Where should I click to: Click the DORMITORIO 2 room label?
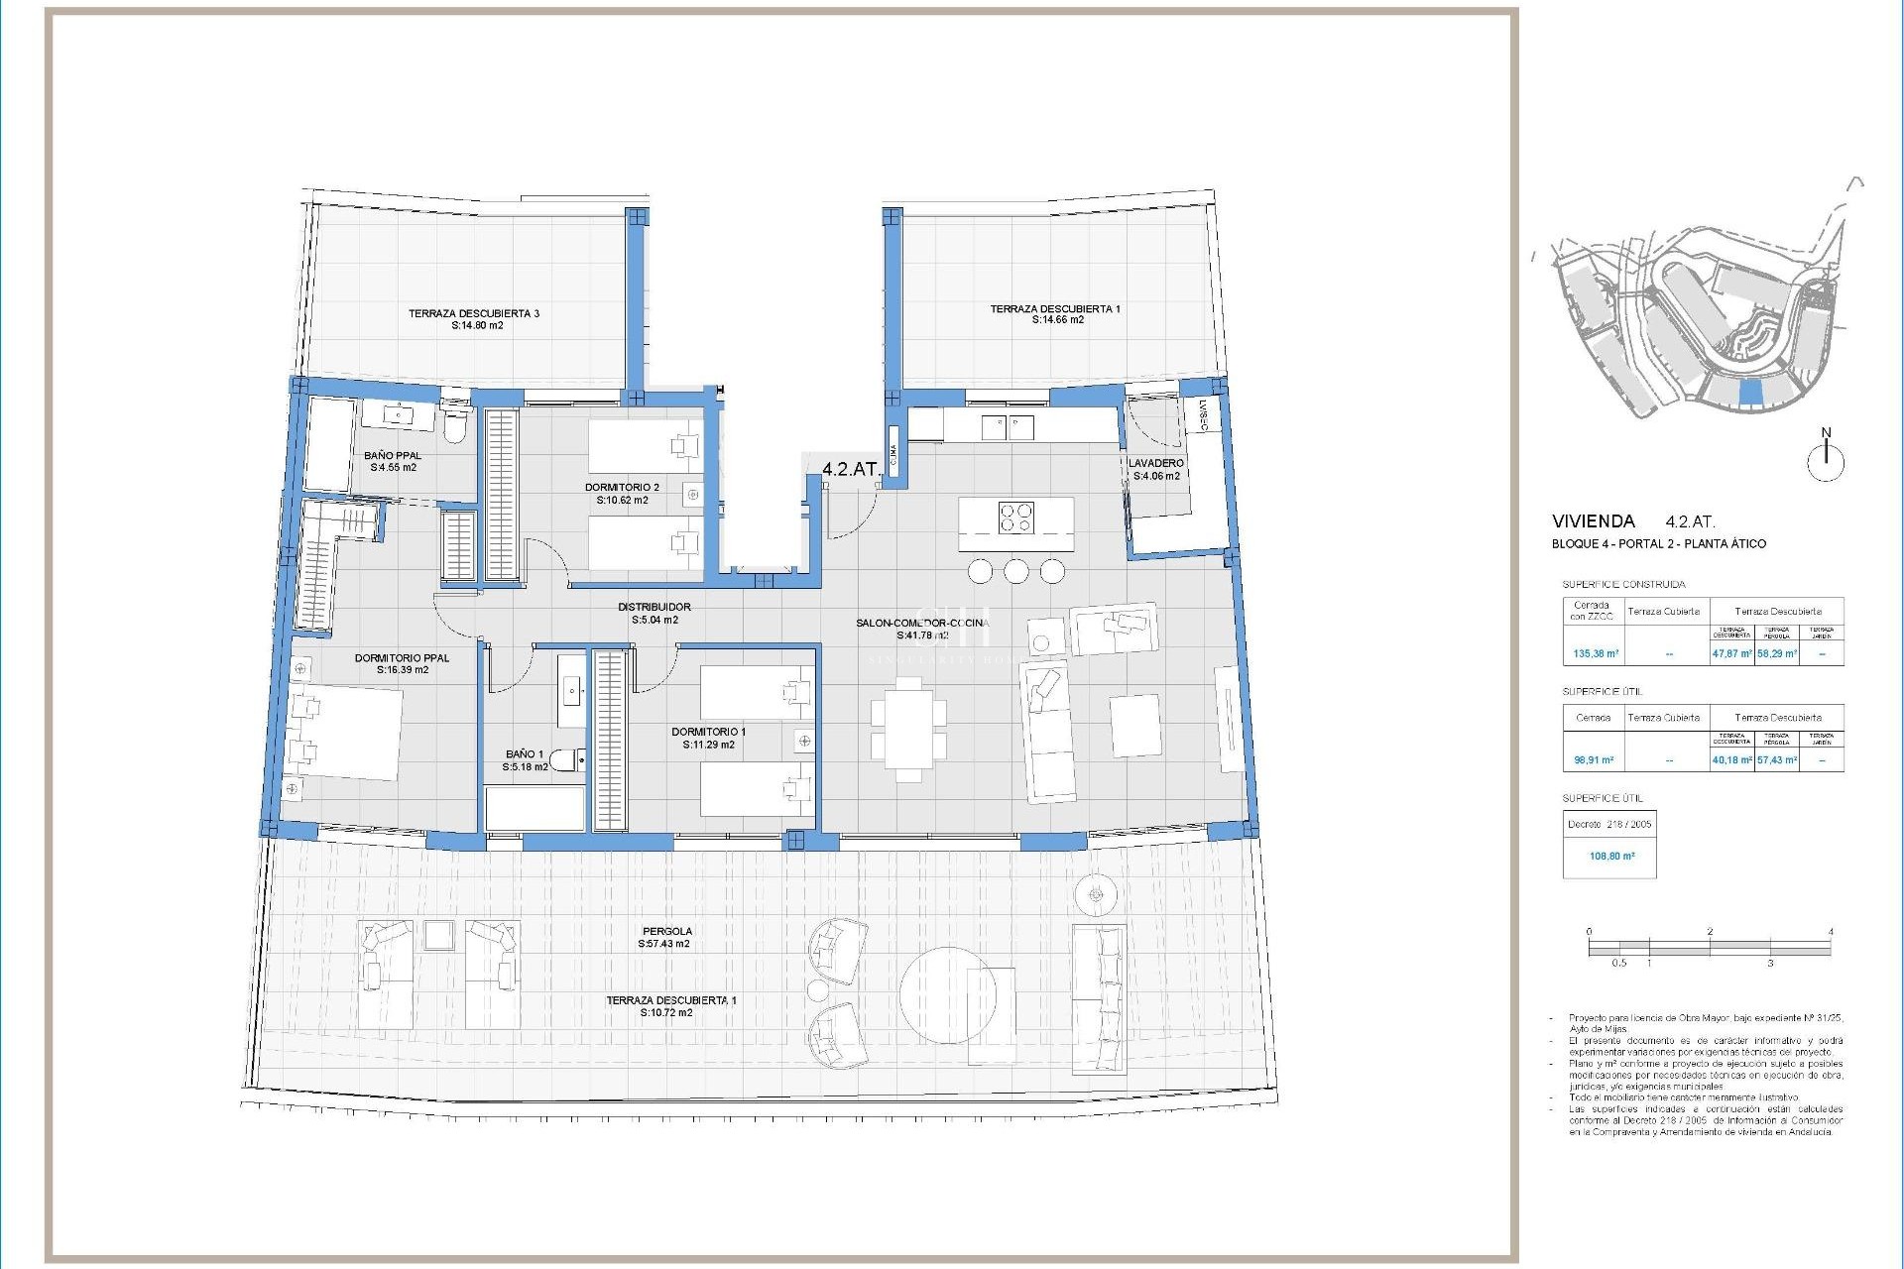622,488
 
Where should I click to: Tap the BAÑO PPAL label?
393,456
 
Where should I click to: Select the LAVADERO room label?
1155,463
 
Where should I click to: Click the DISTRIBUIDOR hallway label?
654,607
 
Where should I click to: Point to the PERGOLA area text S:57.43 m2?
663,945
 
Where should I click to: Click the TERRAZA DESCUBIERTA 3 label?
474,313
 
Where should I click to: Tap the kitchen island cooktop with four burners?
1014,519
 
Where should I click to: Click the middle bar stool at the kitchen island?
1015,572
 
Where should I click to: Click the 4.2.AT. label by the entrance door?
850,469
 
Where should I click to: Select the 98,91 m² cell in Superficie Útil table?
1594,760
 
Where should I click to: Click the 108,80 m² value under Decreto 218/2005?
1611,856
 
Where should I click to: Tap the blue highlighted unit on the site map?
1752,393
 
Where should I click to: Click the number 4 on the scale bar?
1830,932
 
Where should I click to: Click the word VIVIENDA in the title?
1593,520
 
